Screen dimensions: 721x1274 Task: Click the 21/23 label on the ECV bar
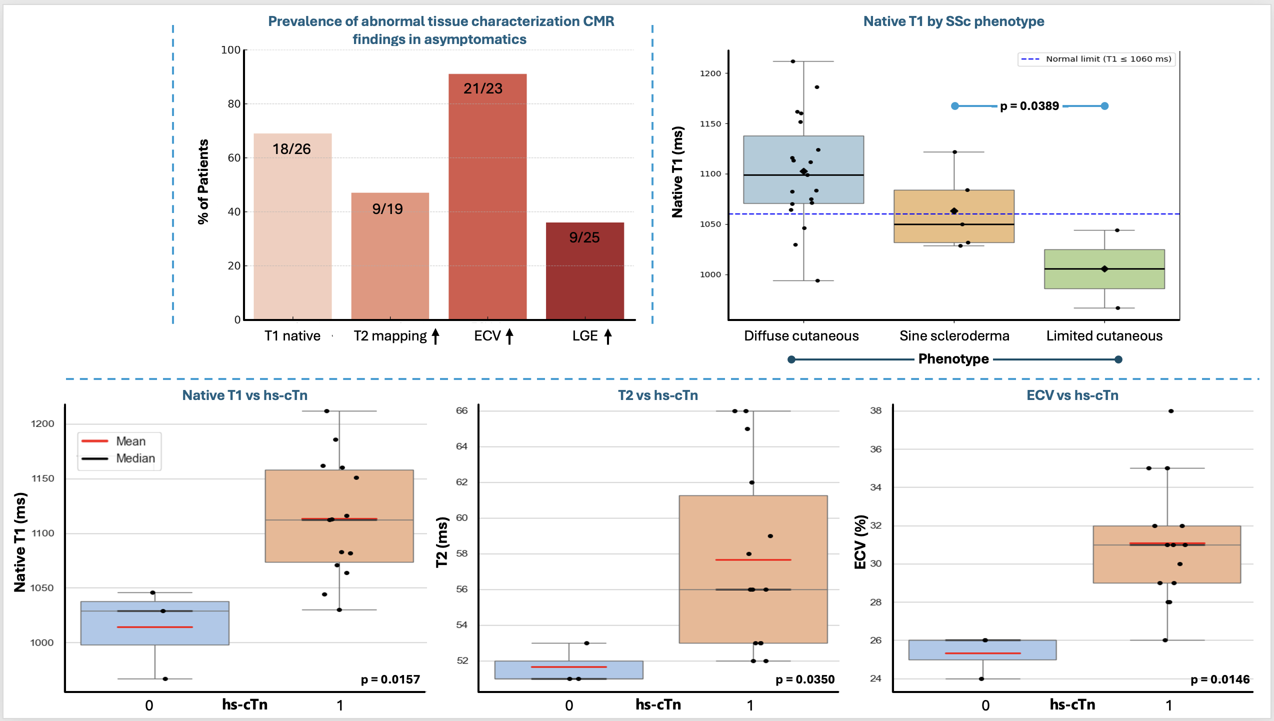[x=482, y=88]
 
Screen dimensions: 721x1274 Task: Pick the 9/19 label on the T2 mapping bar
[x=387, y=209]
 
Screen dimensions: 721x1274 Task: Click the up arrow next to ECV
[x=509, y=336]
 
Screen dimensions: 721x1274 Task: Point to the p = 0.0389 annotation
[x=1029, y=106]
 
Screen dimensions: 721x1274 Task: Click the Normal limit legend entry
[x=1097, y=59]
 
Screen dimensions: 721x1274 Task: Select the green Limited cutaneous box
[x=1104, y=269]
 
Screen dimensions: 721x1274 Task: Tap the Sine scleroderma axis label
[x=954, y=335]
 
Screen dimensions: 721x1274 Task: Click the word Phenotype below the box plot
[x=953, y=359]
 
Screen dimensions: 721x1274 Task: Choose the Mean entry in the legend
[x=130, y=441]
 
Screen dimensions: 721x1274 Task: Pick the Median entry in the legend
[x=135, y=458]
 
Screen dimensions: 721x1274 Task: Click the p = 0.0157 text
[x=390, y=679]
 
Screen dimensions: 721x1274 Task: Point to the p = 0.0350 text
[x=804, y=679]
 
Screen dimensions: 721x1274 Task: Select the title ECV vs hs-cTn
[x=1072, y=395]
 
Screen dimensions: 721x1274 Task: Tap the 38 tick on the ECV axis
[x=875, y=410]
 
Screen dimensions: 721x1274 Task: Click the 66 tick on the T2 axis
[x=461, y=410]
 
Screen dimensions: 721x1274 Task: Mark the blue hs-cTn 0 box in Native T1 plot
[x=154, y=623]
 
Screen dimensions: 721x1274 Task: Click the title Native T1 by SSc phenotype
[x=953, y=21]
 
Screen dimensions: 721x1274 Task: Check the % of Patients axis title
[x=203, y=181]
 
